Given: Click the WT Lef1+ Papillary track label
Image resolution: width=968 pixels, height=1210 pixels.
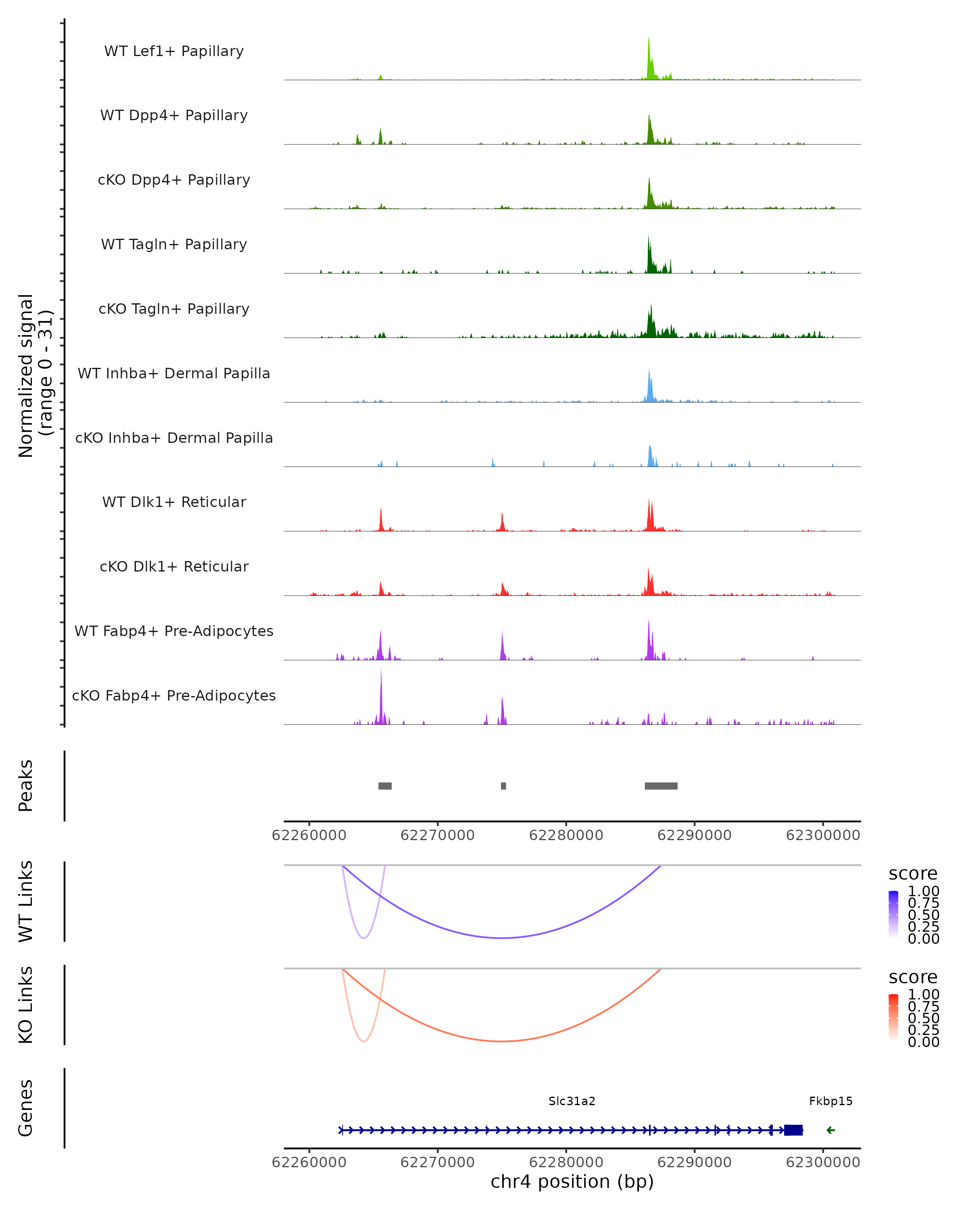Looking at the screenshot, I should click(174, 51).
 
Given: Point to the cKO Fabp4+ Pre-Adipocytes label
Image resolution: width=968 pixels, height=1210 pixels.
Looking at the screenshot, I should click(174, 695).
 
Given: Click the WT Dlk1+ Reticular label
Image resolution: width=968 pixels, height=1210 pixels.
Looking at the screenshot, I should click(174, 502).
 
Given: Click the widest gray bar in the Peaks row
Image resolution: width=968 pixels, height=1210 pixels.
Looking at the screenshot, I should click(661, 786).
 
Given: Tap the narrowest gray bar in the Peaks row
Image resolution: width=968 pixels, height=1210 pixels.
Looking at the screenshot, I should click(503, 786).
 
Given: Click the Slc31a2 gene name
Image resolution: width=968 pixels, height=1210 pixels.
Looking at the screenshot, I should click(572, 1101).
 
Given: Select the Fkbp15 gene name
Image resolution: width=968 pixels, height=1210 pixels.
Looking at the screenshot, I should click(830, 1101).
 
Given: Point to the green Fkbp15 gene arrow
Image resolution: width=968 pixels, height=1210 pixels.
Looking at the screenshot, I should click(830, 1130).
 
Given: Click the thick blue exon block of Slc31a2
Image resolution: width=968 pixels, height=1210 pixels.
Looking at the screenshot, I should click(793, 1130).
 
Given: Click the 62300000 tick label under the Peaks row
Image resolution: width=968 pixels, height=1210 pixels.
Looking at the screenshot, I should click(823, 835).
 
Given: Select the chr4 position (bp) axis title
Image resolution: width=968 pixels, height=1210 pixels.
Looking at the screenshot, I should click(572, 1181).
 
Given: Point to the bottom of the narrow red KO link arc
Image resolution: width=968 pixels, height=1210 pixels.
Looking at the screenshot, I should click(364, 1042).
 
